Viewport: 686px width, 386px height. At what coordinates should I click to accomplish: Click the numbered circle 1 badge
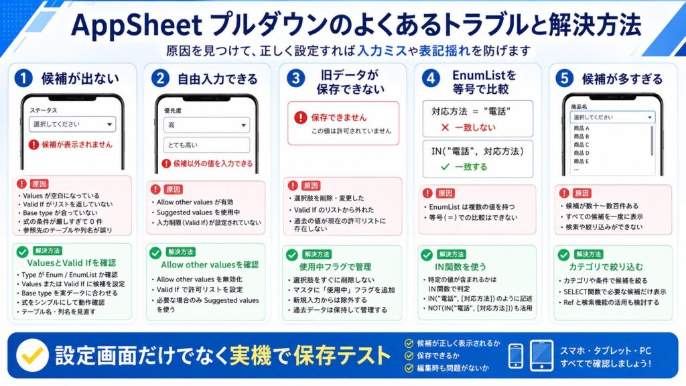point(23,78)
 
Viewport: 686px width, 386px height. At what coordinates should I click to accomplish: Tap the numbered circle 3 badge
point(295,78)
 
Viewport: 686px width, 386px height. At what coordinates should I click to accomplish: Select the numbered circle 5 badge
point(564,78)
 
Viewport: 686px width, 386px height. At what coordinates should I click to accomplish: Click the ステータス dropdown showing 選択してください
point(72,124)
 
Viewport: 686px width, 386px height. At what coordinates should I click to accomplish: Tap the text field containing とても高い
point(206,145)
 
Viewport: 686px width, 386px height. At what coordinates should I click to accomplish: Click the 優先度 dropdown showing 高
point(206,125)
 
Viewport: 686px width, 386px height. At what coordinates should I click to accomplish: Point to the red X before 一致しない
point(445,127)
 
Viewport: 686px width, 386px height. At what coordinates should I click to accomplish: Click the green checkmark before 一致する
point(445,167)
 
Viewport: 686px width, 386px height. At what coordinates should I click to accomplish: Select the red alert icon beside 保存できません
point(301,117)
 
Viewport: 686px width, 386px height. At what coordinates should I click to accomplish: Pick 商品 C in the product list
point(581,145)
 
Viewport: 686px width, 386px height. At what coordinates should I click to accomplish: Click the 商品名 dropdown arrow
point(650,117)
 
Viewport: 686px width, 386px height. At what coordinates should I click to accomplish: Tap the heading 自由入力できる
point(218,79)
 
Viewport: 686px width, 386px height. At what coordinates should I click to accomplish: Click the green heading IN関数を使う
point(460,267)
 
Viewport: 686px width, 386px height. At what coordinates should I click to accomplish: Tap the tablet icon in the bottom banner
point(541,355)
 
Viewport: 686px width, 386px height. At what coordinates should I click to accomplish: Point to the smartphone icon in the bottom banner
point(516,356)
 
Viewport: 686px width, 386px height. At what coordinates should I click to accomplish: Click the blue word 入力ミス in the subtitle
point(383,51)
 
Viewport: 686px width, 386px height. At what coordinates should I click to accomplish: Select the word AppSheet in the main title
point(136,25)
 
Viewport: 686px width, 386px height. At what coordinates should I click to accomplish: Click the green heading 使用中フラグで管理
point(335,267)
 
